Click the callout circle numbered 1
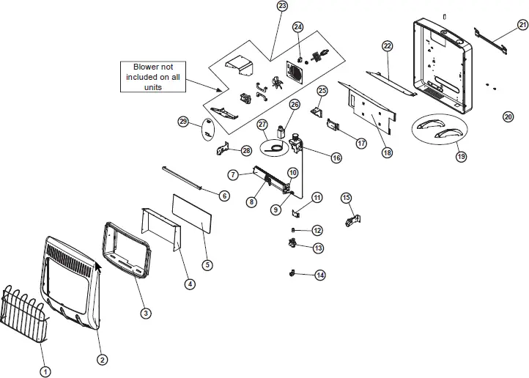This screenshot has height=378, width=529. point(45,371)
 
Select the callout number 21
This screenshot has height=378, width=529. point(522,25)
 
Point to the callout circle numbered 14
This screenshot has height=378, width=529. point(320,275)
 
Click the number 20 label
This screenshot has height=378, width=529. point(508,116)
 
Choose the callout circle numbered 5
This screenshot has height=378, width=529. point(208,264)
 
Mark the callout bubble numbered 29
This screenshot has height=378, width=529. point(184,121)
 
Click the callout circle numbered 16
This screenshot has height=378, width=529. point(336,157)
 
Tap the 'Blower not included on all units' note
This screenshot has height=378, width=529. point(153,76)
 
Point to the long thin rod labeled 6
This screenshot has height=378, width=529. point(189,182)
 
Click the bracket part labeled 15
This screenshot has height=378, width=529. point(352,218)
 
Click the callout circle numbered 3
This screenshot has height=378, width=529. point(146,313)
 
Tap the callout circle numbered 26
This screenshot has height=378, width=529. point(295,104)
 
